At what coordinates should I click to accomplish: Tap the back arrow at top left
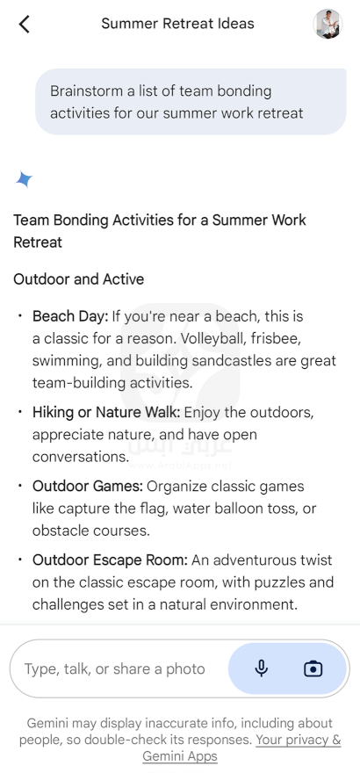tap(24, 24)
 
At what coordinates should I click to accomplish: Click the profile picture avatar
tap(328, 24)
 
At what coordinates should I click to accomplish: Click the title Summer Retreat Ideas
tap(177, 24)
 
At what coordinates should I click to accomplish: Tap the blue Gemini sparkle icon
tap(24, 179)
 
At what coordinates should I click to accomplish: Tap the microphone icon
tap(262, 668)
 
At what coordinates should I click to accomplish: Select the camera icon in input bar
tap(313, 669)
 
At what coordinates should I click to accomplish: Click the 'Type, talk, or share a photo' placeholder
tap(115, 669)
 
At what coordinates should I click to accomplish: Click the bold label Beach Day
tap(70, 316)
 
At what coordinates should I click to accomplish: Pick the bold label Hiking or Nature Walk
tap(106, 412)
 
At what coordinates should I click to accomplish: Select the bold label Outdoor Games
tap(88, 486)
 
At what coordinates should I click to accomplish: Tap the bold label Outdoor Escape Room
tap(111, 560)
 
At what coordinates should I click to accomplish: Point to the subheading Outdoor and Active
tap(79, 279)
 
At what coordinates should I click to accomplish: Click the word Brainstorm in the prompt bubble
tap(87, 91)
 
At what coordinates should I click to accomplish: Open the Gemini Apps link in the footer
tap(180, 755)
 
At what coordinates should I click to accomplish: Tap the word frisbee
tap(277, 339)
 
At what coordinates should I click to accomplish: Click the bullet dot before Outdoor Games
tap(19, 486)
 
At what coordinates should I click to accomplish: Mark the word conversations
tap(81, 457)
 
